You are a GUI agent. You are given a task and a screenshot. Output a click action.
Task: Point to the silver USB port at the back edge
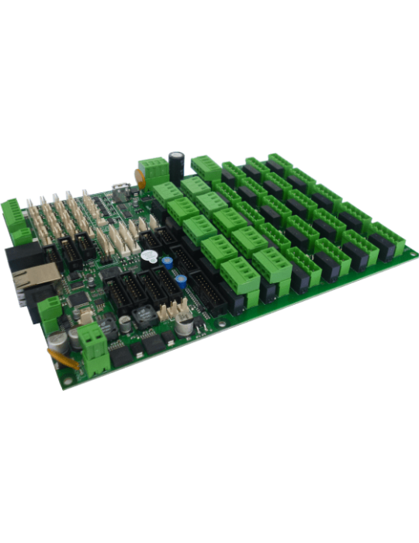(120, 188)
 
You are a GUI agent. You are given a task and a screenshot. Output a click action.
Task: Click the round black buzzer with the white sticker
(147, 255)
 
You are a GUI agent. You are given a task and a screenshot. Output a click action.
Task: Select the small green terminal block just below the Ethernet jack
(47, 310)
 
